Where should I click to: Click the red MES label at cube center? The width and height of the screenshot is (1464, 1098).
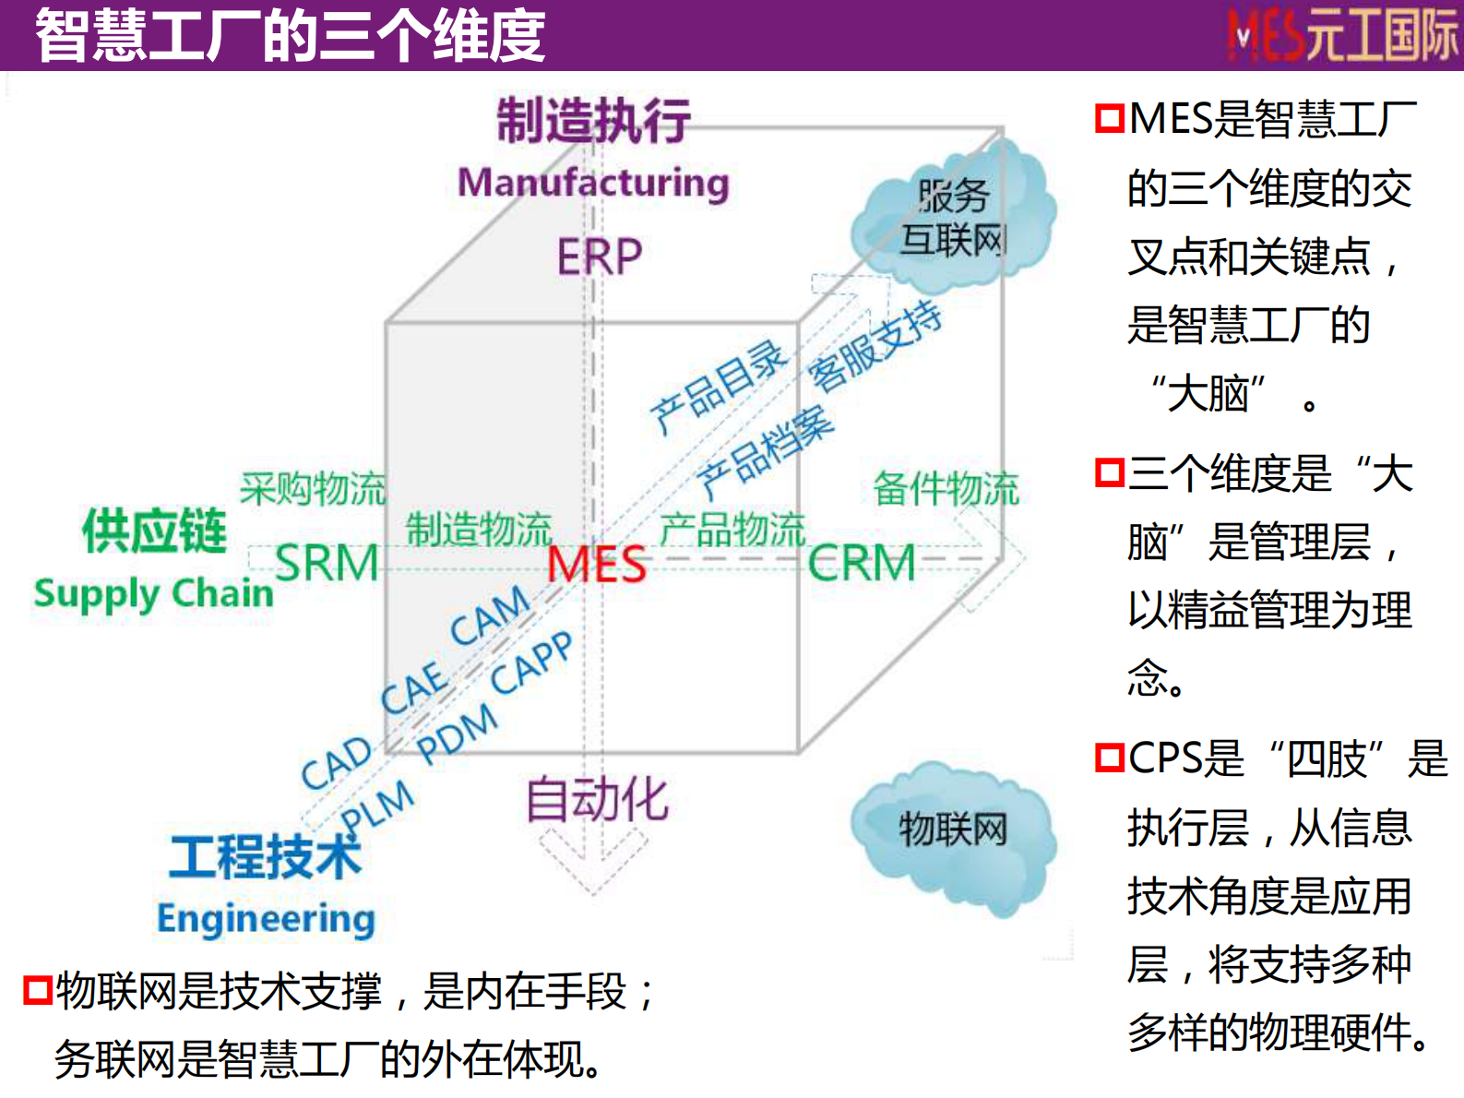(597, 564)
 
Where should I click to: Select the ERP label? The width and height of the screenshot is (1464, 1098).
(599, 257)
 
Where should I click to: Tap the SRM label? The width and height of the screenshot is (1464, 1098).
(327, 563)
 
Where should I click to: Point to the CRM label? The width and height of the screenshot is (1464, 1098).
(862, 563)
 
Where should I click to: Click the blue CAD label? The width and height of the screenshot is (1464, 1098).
(336, 762)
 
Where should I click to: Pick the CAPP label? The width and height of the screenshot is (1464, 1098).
(531, 663)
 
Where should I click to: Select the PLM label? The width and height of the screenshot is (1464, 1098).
(377, 805)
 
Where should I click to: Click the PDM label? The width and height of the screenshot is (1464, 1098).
(457, 733)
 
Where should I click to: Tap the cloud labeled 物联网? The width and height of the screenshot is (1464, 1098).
(953, 834)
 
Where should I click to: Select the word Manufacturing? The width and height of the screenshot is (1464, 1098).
(593, 182)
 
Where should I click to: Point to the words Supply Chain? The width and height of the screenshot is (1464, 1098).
(154, 593)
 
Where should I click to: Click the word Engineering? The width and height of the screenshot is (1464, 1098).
(267, 918)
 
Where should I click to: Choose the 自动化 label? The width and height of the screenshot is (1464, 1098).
(597, 798)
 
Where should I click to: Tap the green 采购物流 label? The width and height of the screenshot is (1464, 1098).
(313, 488)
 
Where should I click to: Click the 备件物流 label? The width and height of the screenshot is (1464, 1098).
(946, 488)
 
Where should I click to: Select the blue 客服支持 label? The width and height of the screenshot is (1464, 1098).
(875, 346)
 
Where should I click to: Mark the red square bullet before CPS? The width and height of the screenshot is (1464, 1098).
(1110, 758)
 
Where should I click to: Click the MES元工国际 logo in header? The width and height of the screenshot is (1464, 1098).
(1342, 35)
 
